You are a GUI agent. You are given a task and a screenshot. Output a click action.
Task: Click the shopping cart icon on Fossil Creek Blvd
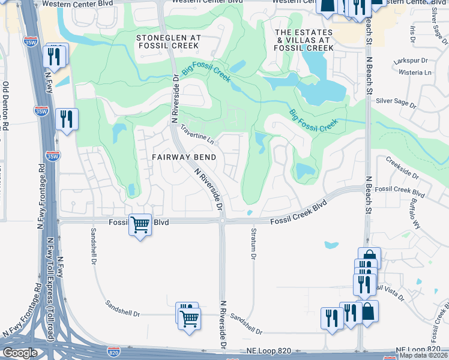140,226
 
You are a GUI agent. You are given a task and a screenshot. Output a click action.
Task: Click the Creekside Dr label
402,167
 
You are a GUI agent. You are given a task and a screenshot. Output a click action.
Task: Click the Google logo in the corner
19,353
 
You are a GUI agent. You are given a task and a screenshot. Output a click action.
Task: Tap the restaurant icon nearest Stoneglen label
55,56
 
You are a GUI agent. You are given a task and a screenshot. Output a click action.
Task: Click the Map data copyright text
424,355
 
